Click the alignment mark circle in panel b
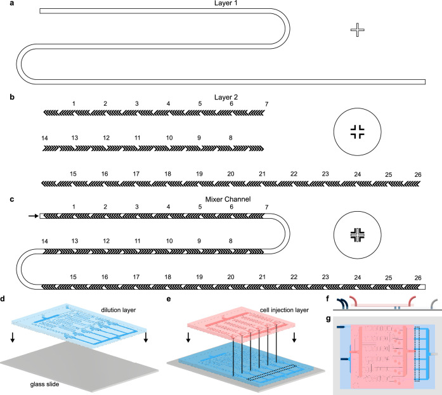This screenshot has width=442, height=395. coord(358,132)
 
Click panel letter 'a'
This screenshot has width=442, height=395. coord(4,4)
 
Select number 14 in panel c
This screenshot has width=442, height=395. coord(44,241)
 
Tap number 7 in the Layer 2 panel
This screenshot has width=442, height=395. coord(267,103)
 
